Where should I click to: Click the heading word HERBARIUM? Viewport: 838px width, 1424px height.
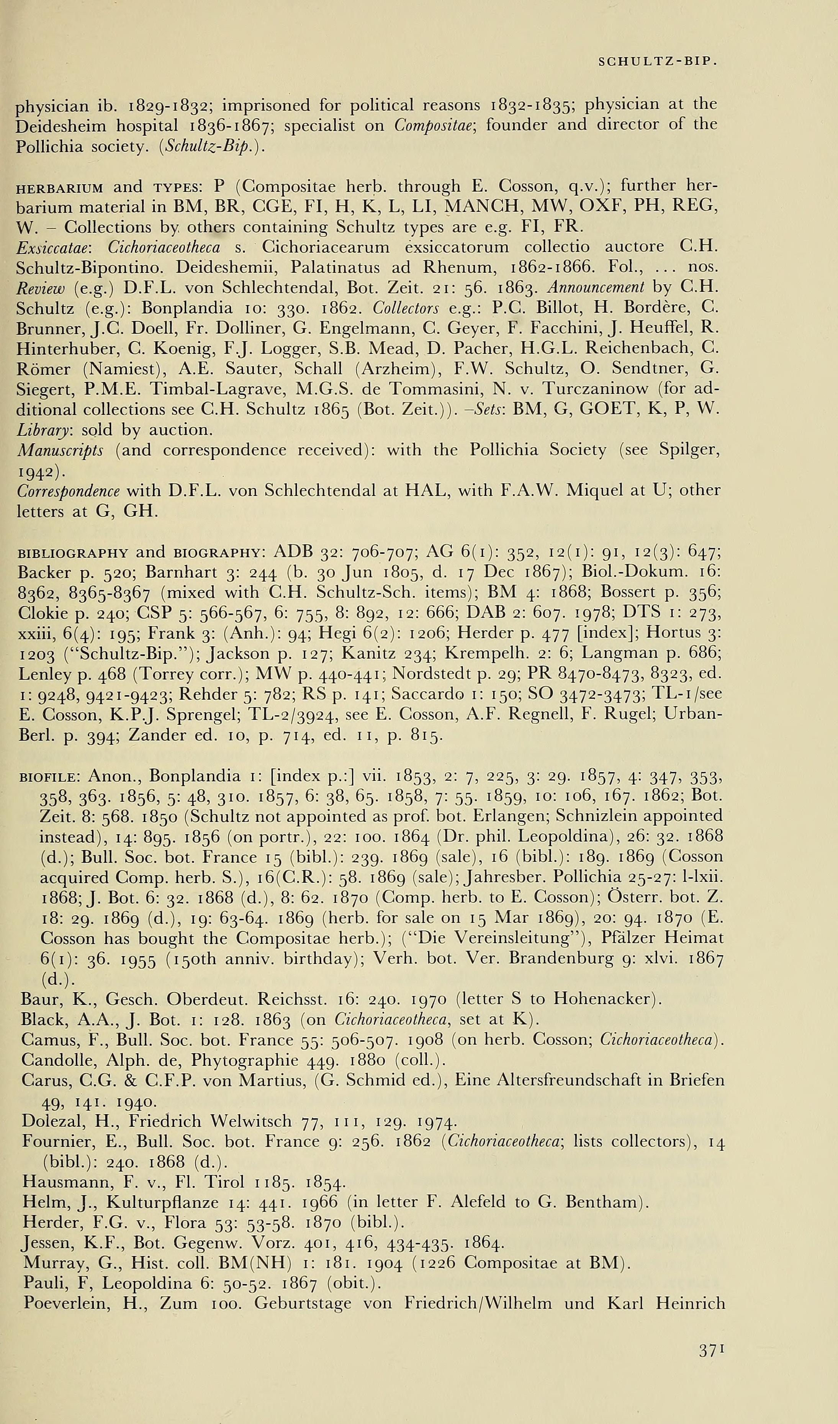coord(61,187)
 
